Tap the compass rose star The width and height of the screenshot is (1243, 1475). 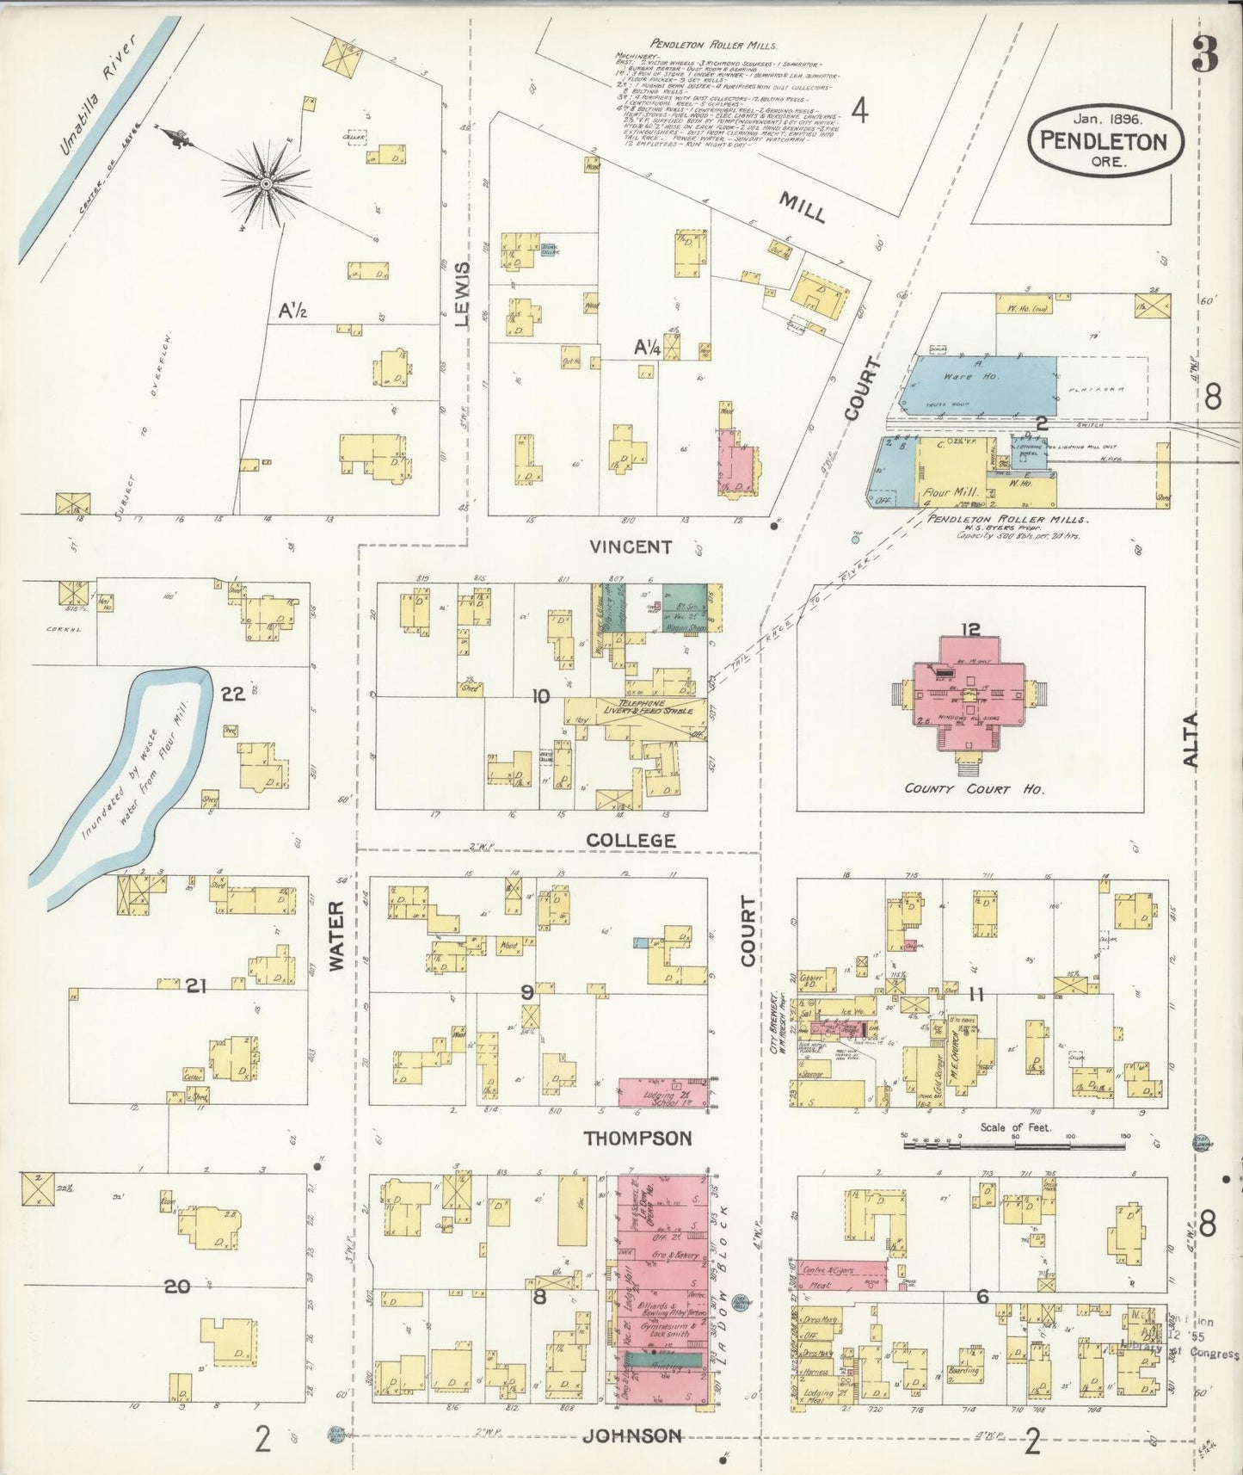point(266,182)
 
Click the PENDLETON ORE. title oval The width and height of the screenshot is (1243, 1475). point(1105,141)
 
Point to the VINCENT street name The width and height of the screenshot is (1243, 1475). point(631,546)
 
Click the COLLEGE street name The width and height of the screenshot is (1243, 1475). point(631,839)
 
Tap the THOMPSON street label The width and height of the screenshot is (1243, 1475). point(637,1138)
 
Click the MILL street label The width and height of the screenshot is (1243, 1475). point(802,207)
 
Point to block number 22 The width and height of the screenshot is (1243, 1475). point(233,694)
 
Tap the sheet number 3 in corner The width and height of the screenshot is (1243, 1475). point(1205,57)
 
